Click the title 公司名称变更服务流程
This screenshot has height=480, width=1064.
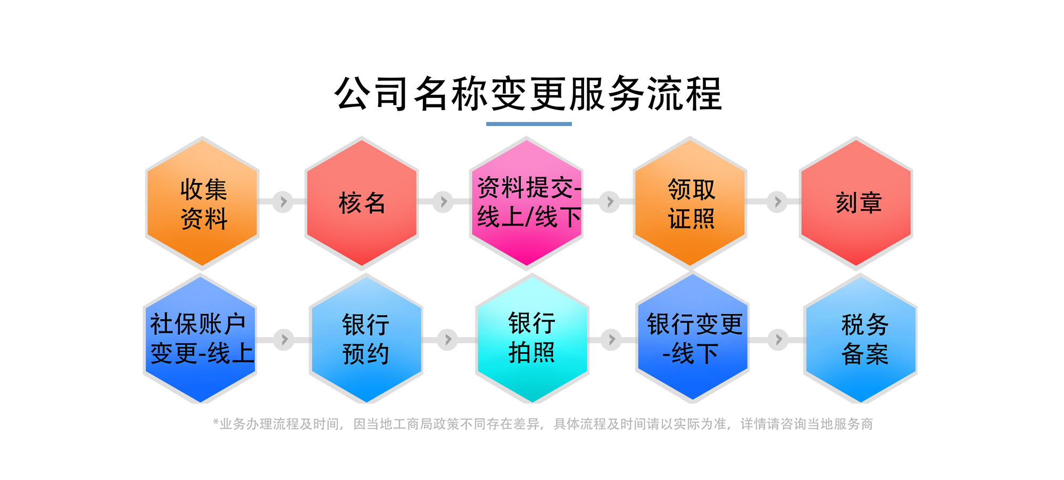coord(528,94)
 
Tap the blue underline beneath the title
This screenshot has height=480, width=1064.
coord(529,124)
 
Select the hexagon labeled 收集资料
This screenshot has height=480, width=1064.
coord(202,203)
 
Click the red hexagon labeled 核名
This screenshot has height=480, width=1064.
coord(362,203)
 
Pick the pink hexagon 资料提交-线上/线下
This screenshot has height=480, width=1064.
coord(527,203)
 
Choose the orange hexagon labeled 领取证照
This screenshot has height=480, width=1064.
coord(690,203)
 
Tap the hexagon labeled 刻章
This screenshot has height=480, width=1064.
coord(856,203)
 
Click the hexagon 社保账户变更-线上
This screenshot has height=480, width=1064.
coord(201,339)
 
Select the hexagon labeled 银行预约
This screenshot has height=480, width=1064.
coord(366,339)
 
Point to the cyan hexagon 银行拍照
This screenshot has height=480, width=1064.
coord(532,339)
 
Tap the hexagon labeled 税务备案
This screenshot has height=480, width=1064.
coord(860,339)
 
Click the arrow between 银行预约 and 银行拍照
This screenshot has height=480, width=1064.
coord(447,340)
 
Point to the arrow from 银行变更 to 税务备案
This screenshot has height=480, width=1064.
coord(778,340)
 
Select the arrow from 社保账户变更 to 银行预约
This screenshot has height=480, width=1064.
coord(284,340)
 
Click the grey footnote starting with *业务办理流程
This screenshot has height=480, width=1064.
coord(543,424)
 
